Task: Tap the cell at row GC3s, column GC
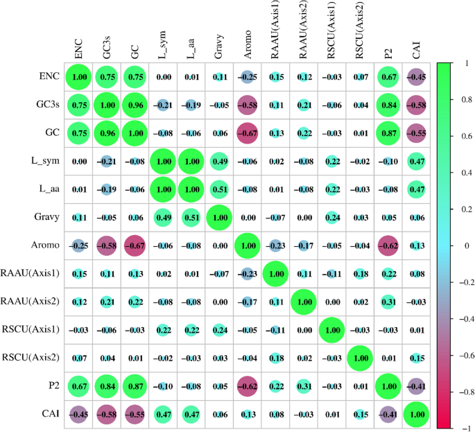pos(136,105)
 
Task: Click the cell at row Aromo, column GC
pos(136,246)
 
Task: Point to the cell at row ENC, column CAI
pos(416,76)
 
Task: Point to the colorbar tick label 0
pos(458,245)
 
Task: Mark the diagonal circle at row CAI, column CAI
pos(416,415)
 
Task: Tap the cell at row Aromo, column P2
pos(388,246)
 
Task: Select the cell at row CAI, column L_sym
pos(164,415)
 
